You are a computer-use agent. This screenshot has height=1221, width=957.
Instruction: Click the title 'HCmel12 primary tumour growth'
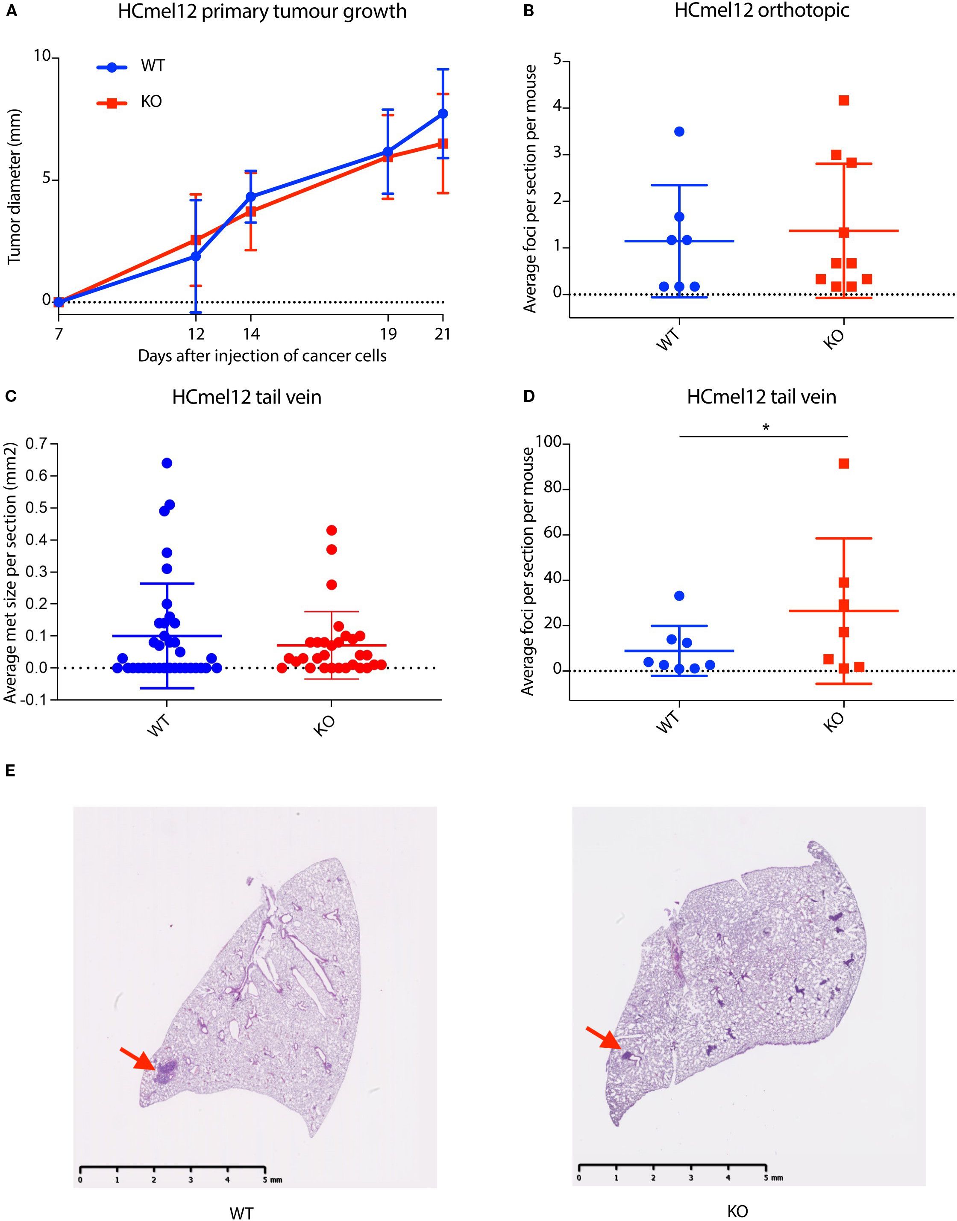coord(262,12)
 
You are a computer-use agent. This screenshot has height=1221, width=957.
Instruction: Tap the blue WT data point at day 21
coord(443,113)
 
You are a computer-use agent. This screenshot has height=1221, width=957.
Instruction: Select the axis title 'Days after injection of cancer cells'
coord(262,356)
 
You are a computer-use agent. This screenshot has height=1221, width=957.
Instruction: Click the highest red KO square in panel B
coord(844,100)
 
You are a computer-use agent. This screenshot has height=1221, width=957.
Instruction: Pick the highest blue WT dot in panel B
coord(679,132)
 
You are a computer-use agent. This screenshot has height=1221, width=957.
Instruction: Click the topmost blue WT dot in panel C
coord(167,463)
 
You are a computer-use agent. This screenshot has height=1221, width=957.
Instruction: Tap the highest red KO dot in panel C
coord(332,530)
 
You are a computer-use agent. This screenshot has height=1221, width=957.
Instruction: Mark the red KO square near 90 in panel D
coord(844,463)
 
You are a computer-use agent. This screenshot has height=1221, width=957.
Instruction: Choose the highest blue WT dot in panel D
coord(679,596)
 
